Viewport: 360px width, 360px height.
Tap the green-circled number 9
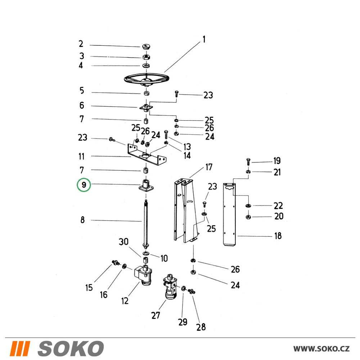84,185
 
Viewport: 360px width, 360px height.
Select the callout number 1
204,40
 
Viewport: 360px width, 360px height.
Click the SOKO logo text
71,348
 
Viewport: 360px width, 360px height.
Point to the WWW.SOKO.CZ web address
321,349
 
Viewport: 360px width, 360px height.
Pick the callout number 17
209,167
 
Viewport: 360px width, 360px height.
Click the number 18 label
278,236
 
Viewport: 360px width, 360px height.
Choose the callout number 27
156,315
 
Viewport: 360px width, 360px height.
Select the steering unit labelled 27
170,287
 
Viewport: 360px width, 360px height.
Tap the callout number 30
123,242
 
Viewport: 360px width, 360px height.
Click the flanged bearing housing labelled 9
146,185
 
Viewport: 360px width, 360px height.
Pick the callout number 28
201,327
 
